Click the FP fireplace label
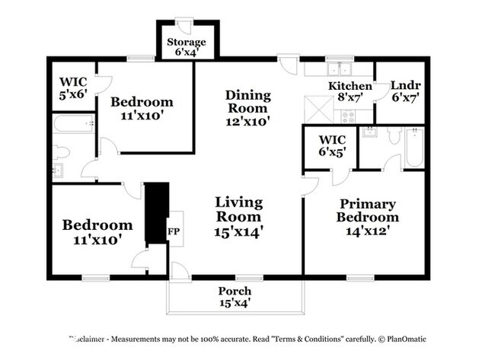click(174, 232)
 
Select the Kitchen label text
click(350, 86)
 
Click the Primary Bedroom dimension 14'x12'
click(368, 229)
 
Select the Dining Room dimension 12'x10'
click(247, 119)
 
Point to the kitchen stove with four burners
click(349, 116)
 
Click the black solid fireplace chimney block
click(155, 213)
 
